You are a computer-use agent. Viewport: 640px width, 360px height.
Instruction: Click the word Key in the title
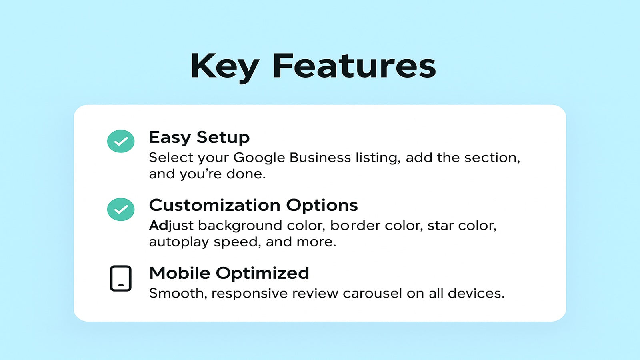[224, 66]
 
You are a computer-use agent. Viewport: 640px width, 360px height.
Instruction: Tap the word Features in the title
[354, 66]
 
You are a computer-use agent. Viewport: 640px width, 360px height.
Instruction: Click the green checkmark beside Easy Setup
[121, 141]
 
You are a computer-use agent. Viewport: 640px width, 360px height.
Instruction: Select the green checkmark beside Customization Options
[121, 209]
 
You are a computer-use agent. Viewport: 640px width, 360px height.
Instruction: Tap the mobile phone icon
[121, 278]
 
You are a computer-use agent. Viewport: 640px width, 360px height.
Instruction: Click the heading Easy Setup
[199, 138]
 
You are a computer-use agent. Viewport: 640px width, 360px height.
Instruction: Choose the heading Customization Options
[253, 206]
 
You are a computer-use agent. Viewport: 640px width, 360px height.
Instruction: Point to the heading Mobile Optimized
[229, 274]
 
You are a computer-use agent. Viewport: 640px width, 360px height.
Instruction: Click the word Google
[259, 158]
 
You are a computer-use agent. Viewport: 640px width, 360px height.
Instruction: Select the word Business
[320, 158]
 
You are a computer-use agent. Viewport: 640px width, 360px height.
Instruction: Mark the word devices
[476, 294]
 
